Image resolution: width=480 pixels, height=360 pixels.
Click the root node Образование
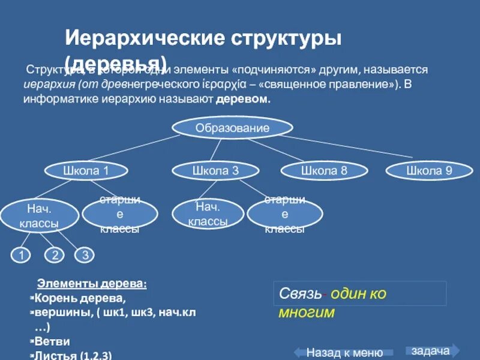coord(232,127)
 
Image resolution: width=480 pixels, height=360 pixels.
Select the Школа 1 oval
coord(86,171)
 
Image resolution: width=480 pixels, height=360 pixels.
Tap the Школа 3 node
coord(215,171)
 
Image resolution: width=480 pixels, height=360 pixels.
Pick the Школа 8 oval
coord(324,171)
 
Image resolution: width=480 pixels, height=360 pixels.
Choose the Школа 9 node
coord(429,171)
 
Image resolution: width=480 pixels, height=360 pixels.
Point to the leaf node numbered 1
coord(21,256)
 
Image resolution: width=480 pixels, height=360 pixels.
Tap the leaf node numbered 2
coord(55,256)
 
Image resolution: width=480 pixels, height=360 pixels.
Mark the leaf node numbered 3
coord(85,256)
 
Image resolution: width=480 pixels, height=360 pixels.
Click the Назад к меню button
coord(344,352)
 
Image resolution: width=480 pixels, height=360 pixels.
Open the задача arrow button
coord(432,350)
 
